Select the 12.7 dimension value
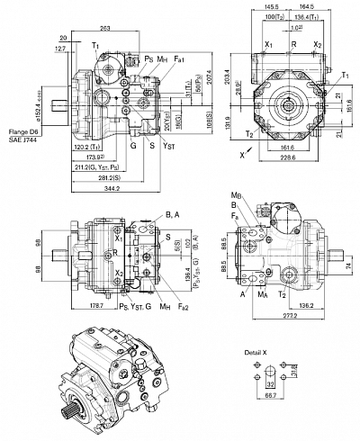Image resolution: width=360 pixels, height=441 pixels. [x=59, y=49]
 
